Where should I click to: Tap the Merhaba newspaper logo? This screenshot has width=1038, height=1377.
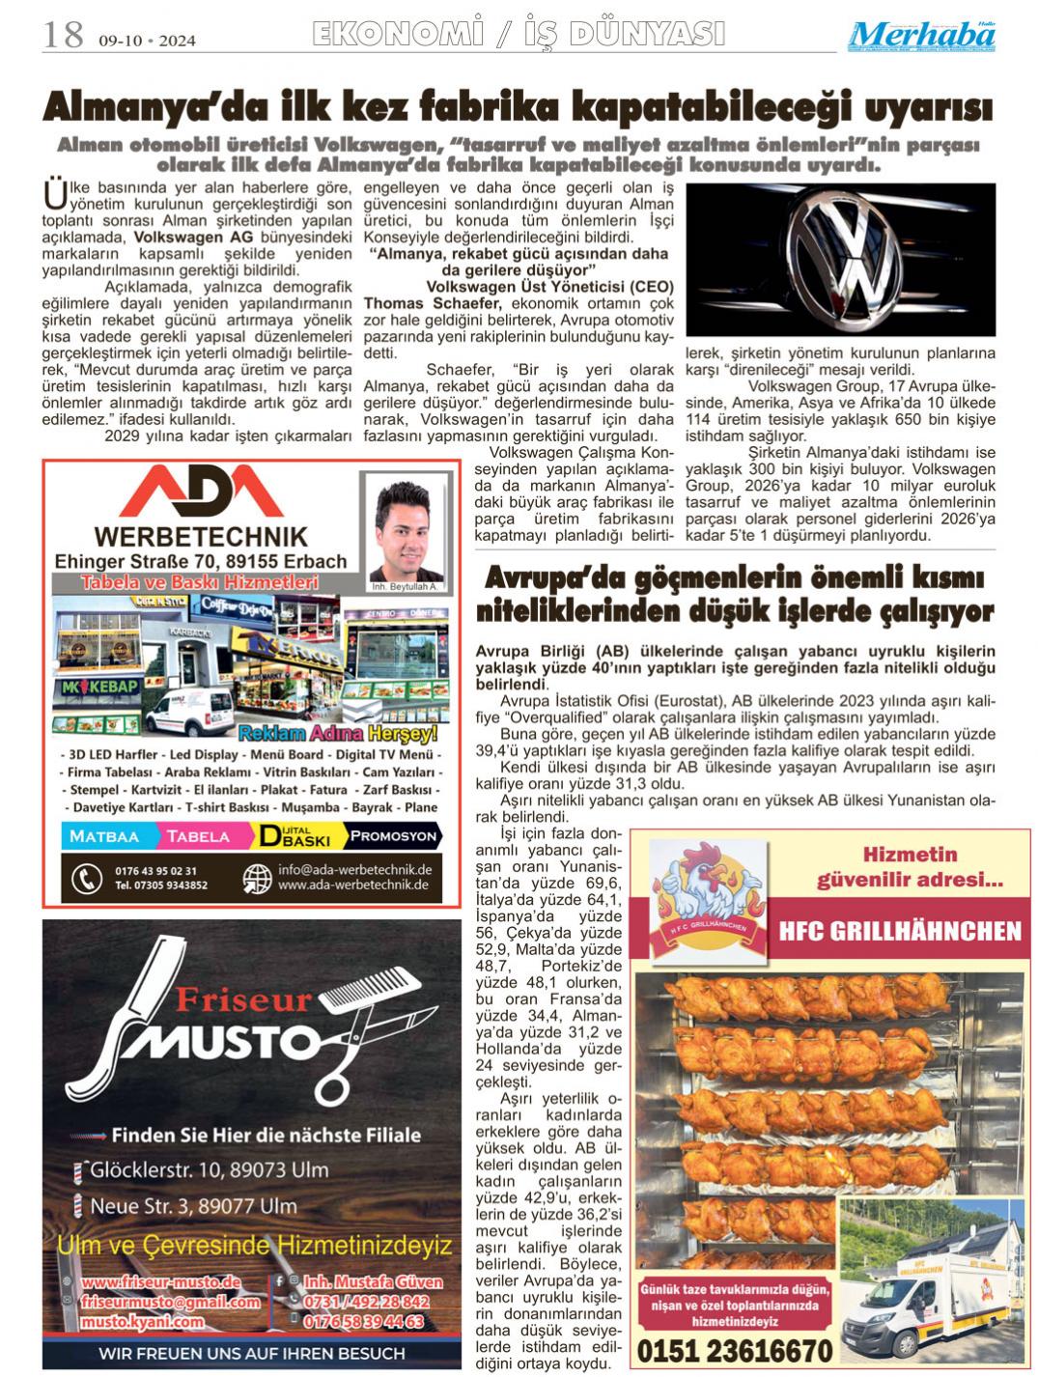pos(923,36)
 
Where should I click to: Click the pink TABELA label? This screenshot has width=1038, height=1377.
pos(199,836)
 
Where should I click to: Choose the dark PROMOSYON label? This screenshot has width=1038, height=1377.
pos(393,836)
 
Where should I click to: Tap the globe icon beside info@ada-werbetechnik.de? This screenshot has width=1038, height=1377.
pos(256,877)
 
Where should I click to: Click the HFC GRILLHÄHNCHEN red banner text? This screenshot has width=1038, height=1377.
pos(900,930)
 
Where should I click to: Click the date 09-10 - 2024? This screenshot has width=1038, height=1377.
pos(146,41)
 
